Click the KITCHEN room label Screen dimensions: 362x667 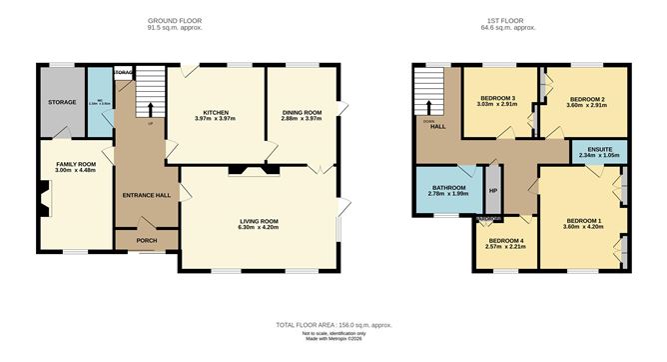click(217, 112)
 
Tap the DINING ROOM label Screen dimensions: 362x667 click(301, 112)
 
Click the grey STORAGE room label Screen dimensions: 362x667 click(62, 101)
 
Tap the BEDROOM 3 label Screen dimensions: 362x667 click(496, 98)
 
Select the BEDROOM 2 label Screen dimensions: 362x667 click(584, 100)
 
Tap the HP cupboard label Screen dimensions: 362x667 click(492, 191)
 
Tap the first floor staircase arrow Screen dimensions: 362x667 click(430, 105)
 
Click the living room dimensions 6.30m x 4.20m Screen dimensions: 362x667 click(258, 228)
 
